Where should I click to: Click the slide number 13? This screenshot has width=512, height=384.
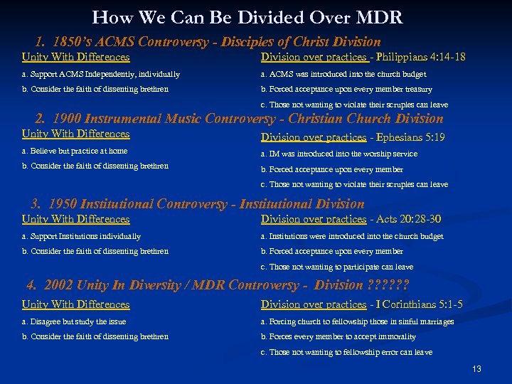[476, 369]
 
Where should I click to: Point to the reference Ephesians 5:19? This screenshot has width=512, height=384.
[410, 137]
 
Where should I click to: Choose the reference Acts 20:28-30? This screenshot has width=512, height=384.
[408, 219]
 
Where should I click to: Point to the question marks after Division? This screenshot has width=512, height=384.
[387, 285]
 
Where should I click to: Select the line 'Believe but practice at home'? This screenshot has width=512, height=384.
[75, 151]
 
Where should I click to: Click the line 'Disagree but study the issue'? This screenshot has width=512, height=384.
[74, 321]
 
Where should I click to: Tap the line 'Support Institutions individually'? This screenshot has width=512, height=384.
[81, 236]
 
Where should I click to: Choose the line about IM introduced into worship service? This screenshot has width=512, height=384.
[338, 154]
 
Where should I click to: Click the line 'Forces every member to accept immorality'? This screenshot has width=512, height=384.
[338, 336]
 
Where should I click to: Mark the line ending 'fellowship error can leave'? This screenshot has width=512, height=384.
[346, 352]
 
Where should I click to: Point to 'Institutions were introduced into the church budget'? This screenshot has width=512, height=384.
[351, 236]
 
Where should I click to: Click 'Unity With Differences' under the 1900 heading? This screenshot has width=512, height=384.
[76, 134]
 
